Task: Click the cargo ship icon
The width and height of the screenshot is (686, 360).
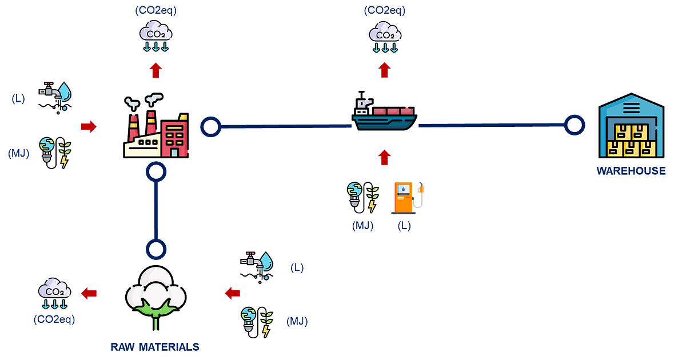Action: tap(384, 113)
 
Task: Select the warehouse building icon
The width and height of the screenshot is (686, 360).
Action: tap(631, 126)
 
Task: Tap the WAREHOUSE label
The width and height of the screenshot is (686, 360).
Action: tap(631, 171)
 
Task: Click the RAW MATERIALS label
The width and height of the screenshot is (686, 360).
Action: tap(155, 347)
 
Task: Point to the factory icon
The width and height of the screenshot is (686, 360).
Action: tap(156, 127)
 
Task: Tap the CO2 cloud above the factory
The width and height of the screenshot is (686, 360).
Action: tap(155, 35)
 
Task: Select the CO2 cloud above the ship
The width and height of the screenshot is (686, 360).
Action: tap(385, 36)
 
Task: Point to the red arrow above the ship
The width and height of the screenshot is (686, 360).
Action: tap(385, 70)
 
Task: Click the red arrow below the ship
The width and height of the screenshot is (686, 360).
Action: tap(385, 158)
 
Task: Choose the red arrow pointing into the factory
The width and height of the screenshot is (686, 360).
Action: tap(89, 126)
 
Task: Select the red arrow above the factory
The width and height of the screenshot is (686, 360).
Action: tap(155, 71)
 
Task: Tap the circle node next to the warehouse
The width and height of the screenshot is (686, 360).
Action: tap(575, 124)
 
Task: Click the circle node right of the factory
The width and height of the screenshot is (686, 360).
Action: tap(211, 127)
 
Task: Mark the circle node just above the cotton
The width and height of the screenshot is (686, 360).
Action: tap(155, 249)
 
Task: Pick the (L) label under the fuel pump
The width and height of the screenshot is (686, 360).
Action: tap(404, 226)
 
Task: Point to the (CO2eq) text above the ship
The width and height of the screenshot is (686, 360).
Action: tap(385, 10)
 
